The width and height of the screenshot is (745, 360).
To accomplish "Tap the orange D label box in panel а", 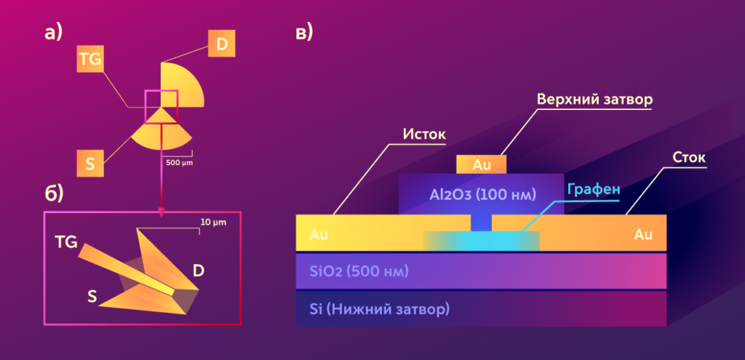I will click(x=222, y=44).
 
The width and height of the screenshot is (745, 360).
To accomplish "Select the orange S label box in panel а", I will click(x=90, y=164).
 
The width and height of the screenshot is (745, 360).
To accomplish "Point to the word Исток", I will click(x=423, y=135).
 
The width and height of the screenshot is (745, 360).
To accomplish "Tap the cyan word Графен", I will click(x=594, y=189).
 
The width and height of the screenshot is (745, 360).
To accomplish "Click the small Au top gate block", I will click(x=481, y=164).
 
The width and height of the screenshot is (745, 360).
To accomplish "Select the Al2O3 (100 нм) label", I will click(x=482, y=195).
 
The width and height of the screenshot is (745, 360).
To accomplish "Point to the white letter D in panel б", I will click(x=198, y=271).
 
